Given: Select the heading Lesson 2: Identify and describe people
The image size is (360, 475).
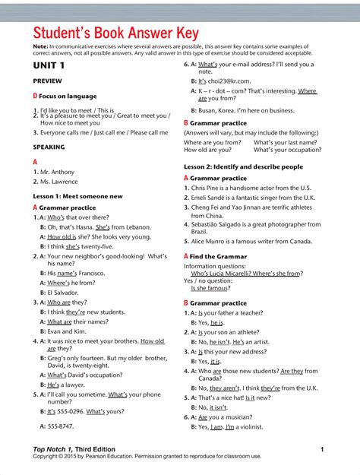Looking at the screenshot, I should coord(243,166).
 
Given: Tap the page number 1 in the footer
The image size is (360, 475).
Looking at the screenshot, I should coord(322,450).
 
